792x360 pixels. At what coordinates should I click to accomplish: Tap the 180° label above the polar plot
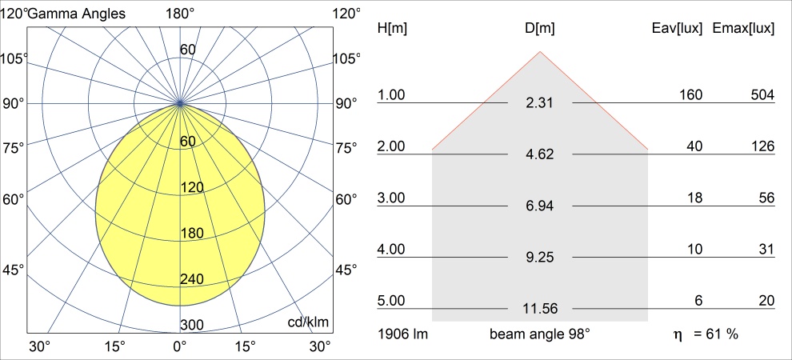(x=180, y=14)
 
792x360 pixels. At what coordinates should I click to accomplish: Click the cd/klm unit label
(x=310, y=322)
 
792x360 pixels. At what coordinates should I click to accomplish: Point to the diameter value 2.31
(x=540, y=103)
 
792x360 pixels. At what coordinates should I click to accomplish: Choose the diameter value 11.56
(x=540, y=308)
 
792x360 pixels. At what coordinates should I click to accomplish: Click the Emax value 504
(x=762, y=95)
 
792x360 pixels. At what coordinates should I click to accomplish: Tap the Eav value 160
(x=690, y=95)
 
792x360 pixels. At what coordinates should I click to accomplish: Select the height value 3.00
(x=392, y=198)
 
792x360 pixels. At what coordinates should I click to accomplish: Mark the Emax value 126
(x=762, y=146)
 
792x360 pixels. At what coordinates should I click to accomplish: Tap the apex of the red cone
(x=540, y=52)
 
